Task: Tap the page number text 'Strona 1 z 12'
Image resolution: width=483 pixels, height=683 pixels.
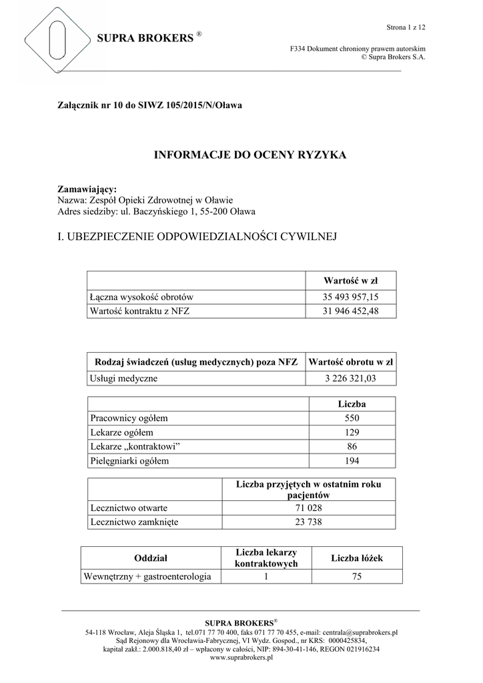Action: point(406,27)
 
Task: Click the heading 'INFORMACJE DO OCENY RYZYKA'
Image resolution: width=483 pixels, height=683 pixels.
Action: point(241,155)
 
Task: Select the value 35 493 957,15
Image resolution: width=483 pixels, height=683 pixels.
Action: point(350,297)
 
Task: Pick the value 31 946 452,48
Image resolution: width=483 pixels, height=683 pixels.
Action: point(350,311)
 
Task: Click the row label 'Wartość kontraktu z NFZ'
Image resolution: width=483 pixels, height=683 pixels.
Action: point(139,311)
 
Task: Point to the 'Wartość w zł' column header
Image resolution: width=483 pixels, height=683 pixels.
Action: point(350,280)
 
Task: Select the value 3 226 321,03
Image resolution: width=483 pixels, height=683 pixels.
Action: point(350,379)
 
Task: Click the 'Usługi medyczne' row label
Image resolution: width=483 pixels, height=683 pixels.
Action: point(123,379)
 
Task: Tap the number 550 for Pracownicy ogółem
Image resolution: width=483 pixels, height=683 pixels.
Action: point(352,418)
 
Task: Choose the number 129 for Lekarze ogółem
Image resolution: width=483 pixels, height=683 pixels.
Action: point(352,432)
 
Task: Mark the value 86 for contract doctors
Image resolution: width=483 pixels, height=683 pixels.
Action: point(352,446)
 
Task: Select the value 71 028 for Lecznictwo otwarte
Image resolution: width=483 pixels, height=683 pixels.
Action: point(308,508)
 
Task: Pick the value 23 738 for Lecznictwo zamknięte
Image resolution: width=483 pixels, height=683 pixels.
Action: point(308,522)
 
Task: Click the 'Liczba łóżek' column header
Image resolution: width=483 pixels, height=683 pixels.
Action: point(356,558)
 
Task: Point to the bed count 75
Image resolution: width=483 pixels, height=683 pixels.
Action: point(356,576)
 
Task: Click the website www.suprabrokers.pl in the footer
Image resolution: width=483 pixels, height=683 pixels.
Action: point(241,657)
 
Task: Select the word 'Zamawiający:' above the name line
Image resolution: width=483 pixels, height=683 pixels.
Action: point(87,189)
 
